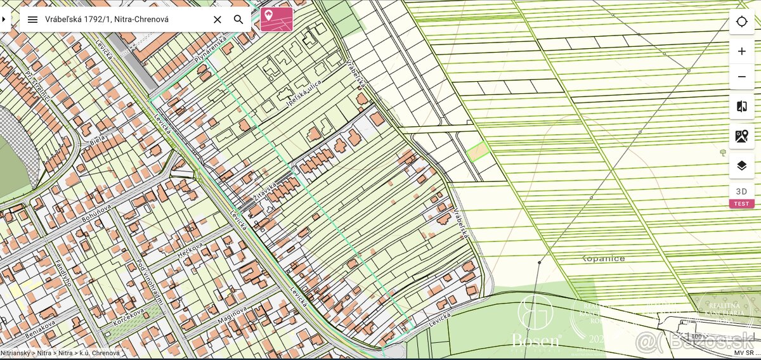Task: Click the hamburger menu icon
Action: pyautogui.click(x=32, y=20)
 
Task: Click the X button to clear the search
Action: pyautogui.click(x=217, y=20)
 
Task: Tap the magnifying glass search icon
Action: pyautogui.click(x=238, y=20)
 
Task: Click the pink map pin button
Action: pyautogui.click(x=276, y=19)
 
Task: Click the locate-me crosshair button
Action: pyautogui.click(x=741, y=22)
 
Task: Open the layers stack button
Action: pyautogui.click(x=741, y=165)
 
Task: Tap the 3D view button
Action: pyautogui.click(x=741, y=191)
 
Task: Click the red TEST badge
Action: pyautogui.click(x=741, y=204)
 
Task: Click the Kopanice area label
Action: pyautogui.click(x=603, y=259)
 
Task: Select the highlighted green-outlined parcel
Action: pyautogui.click(x=478, y=151)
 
